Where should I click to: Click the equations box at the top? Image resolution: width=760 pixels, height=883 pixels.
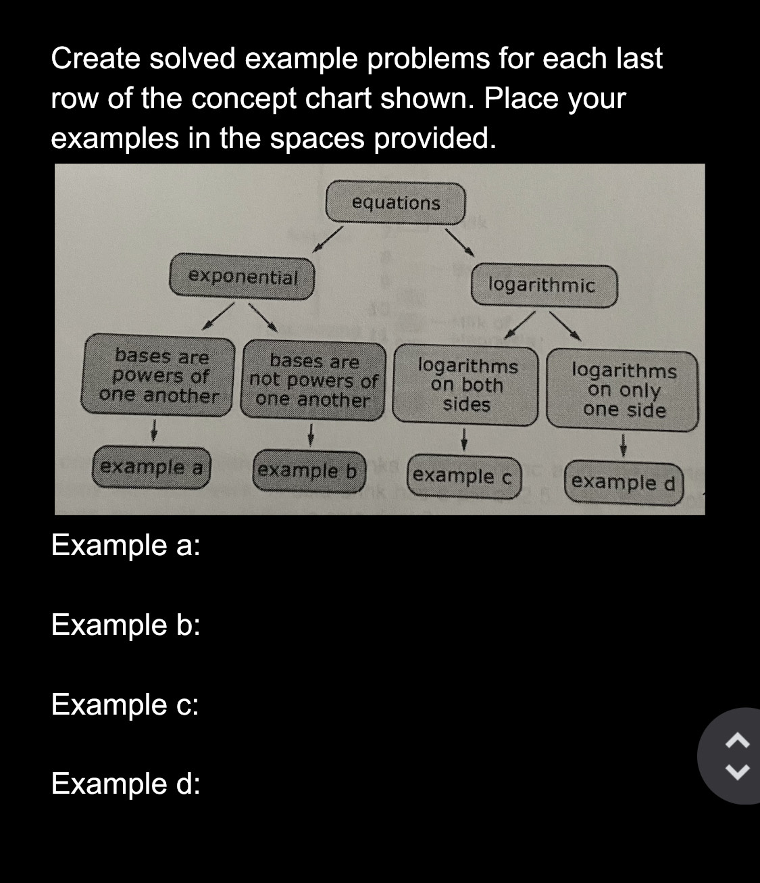pyautogui.click(x=396, y=203)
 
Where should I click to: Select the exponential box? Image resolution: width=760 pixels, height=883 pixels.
pyautogui.click(x=242, y=277)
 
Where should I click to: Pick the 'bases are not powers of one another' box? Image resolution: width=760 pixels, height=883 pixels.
pyautogui.click(x=314, y=381)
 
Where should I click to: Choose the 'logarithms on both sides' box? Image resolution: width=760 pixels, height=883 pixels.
pyautogui.click(x=467, y=385)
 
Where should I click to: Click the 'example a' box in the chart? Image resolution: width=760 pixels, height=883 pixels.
pyautogui.click(x=152, y=467)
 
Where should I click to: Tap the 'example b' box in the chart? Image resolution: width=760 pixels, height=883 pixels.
pyautogui.click(x=308, y=470)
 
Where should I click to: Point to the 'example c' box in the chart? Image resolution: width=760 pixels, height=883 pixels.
pyautogui.click(x=463, y=476)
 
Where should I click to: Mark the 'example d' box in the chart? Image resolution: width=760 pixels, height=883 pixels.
pyautogui.click(x=623, y=482)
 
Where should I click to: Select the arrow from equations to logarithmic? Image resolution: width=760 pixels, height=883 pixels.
pyautogui.click(x=459, y=241)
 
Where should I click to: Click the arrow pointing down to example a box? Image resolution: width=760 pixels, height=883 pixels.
pyautogui.click(x=155, y=429)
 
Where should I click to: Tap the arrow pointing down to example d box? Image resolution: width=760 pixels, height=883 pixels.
pyautogui.click(x=624, y=445)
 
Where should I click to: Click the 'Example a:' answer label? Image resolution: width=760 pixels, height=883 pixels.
pyautogui.click(x=126, y=545)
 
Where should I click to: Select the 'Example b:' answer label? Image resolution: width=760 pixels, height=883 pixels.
pyautogui.click(x=126, y=625)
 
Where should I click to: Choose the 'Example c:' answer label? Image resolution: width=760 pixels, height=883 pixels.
pyautogui.click(x=125, y=705)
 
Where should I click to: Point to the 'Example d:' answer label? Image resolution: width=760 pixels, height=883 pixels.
pyautogui.click(x=126, y=784)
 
